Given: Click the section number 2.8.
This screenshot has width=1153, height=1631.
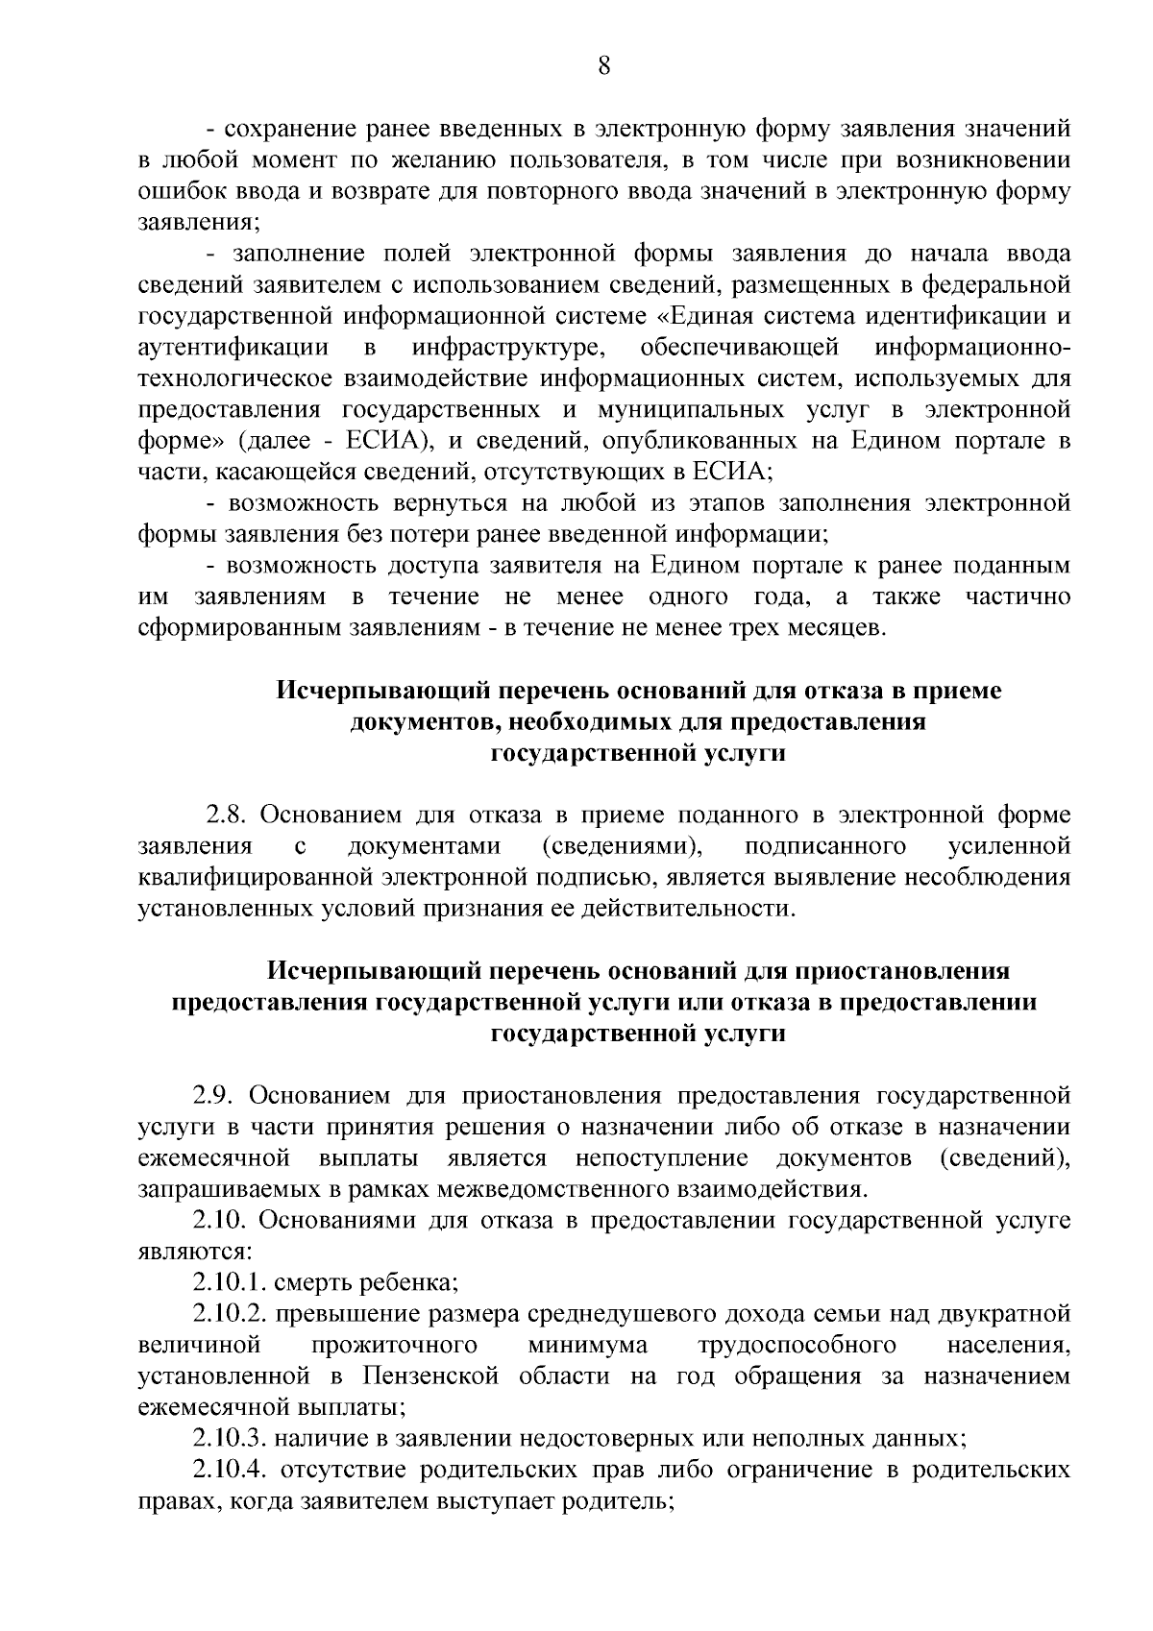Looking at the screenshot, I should (227, 815).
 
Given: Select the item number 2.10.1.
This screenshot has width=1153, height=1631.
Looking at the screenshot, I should (230, 1282).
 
